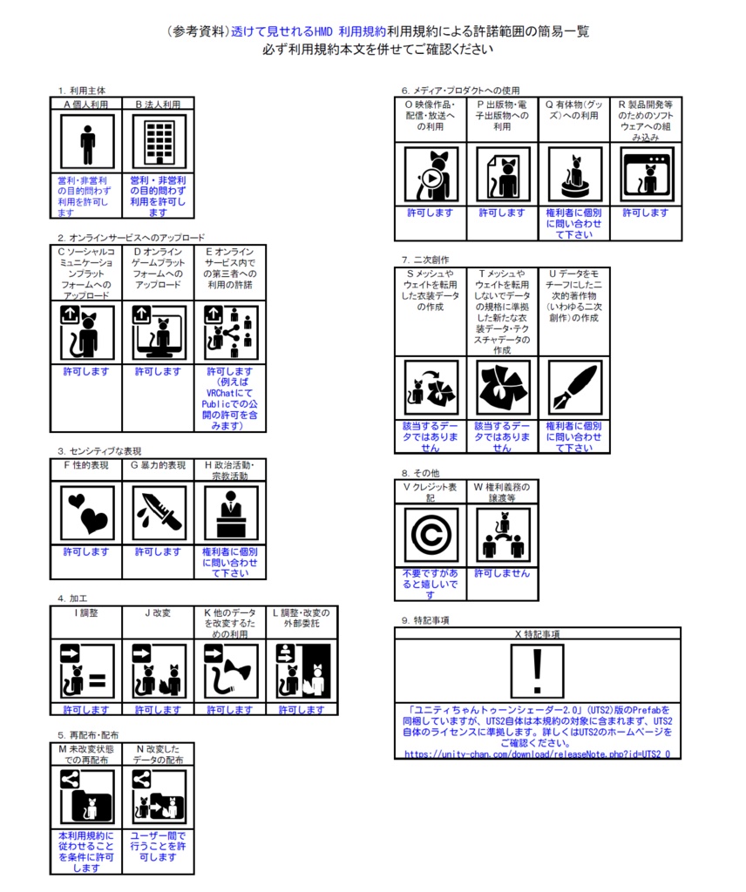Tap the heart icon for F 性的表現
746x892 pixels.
pyautogui.click(x=86, y=513)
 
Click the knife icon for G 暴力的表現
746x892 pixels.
pyautogui.click(x=158, y=513)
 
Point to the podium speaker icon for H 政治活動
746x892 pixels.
pyautogui.click(x=230, y=513)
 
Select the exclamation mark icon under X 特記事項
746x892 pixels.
pyautogui.click(x=537, y=672)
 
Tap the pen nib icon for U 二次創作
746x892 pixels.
pyautogui.click(x=573, y=388)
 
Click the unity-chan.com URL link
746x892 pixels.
pyautogui.click(x=537, y=753)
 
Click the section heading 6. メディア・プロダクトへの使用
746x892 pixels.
pyautogui.click(x=460, y=90)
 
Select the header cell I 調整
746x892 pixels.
pyautogui.click(x=85, y=613)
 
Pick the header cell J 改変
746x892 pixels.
pyautogui.click(x=158, y=613)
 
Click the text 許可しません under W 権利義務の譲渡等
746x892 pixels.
pyautogui.click(x=502, y=574)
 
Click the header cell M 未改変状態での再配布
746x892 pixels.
pyautogui.click(x=86, y=754)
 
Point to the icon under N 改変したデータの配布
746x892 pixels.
pyautogui.click(x=158, y=796)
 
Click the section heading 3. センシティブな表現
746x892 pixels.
pyautogui.click(x=100, y=451)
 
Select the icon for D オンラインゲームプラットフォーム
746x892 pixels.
pyautogui.click(x=158, y=333)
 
